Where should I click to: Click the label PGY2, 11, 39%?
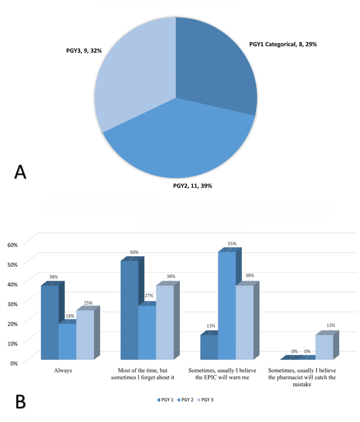[192, 186]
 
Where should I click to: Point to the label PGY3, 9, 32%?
[81, 51]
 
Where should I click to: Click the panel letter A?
[20, 172]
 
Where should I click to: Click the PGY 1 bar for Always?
[50, 322]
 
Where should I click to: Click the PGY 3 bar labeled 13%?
[324, 347]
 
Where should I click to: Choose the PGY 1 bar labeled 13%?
[209, 347]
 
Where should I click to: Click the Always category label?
[62, 370]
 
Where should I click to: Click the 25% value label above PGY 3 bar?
[88, 303]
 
